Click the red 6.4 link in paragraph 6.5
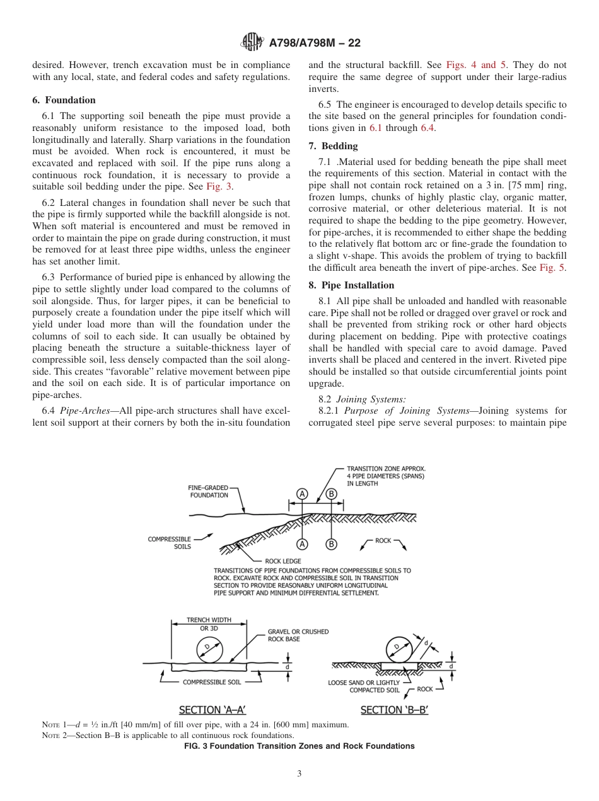pos(427,128)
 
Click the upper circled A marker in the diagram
pos(303,494)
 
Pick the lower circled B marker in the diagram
pos(331,544)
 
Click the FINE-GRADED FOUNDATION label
pos(209,491)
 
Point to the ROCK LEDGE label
pos(283,560)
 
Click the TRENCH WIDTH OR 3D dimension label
pos(209,624)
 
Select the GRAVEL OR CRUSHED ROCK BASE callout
pos(298,635)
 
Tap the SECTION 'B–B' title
pos(394,710)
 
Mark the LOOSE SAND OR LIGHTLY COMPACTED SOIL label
pos(364,686)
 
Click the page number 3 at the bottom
pos(299,774)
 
